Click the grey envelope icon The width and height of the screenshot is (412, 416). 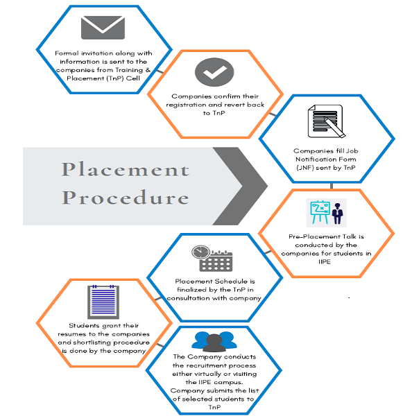(x=103, y=27)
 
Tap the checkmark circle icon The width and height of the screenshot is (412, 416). (x=214, y=72)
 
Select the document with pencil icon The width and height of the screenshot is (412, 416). (x=326, y=121)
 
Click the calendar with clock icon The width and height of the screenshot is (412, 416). (x=212, y=259)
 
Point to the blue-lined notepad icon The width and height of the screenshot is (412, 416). (x=103, y=302)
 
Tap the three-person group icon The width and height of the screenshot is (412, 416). (x=214, y=341)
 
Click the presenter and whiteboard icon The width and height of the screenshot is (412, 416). (x=326, y=213)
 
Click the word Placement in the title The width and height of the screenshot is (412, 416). (x=126, y=169)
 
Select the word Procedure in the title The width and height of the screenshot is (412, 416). (x=126, y=197)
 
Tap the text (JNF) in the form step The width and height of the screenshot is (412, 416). (x=305, y=168)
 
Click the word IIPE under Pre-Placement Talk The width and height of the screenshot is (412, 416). (x=325, y=261)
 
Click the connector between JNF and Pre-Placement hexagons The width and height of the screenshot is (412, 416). (x=332, y=186)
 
